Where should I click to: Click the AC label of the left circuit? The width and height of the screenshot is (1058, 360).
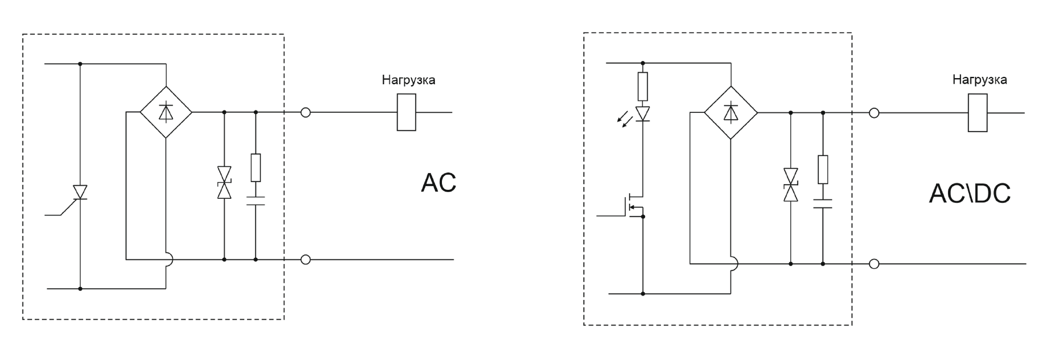pos(439,183)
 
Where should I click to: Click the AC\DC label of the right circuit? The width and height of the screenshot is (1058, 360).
pos(969,194)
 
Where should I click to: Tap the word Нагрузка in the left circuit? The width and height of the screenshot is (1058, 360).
pos(408,80)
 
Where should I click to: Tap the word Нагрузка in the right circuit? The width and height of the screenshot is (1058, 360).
pos(979,80)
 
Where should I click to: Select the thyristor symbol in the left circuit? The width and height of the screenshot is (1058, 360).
pos(80,193)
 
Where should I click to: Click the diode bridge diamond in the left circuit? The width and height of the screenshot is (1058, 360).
pos(166,112)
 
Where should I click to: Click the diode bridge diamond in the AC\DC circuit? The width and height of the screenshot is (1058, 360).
pos(731,113)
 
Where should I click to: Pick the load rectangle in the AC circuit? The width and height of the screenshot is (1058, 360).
pos(407,112)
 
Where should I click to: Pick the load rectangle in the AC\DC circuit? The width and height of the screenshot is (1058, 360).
pos(978,113)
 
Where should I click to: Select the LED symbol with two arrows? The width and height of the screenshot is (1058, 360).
pos(642,114)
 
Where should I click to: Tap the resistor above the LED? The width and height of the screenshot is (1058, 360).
pos(642,86)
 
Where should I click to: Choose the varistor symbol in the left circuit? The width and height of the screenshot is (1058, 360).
pos(224,183)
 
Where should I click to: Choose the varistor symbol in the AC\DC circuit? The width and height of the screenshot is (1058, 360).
pos(791,185)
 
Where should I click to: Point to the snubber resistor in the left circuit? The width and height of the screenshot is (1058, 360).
pos(256,167)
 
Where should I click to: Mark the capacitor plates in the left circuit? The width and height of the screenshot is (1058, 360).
pos(256,200)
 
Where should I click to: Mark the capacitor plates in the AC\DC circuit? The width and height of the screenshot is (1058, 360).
pos(823,203)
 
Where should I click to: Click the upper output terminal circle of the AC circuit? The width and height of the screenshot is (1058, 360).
pos(305,112)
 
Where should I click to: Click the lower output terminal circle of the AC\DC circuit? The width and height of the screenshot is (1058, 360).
pos(874,263)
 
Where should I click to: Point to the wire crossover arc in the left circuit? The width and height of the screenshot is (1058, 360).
pos(169,259)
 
